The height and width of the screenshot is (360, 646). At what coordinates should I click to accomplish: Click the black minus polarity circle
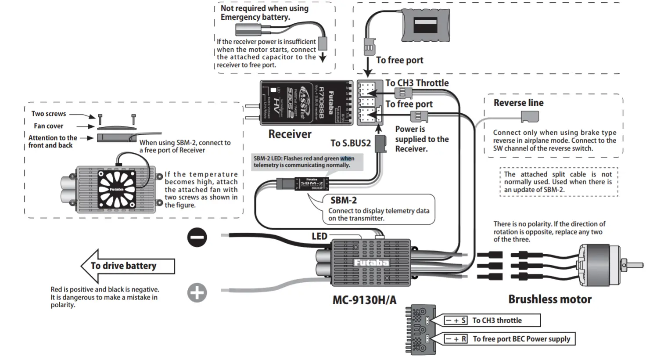tap(197, 238)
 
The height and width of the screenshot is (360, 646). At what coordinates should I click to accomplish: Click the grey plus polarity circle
tap(197, 293)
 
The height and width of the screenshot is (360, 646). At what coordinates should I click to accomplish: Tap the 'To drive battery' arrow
tap(127, 266)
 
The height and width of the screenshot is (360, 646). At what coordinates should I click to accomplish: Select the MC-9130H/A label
tap(364, 300)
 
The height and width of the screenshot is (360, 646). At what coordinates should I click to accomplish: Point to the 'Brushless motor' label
tap(550, 299)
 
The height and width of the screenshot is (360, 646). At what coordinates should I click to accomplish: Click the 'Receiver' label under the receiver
tap(290, 134)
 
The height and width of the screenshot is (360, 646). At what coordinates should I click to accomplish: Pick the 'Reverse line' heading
tap(518, 103)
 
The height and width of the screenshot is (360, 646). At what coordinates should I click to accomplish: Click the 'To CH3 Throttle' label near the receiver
tap(417, 83)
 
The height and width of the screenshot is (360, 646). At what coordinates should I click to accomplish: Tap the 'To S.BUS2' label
tap(351, 143)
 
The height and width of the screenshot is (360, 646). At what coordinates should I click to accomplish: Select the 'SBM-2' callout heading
tap(343, 201)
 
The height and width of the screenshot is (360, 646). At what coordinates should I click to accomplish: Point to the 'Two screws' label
tap(49, 114)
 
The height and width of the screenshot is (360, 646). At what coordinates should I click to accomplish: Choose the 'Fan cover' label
tap(49, 126)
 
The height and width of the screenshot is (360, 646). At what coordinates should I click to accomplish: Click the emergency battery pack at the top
tap(425, 25)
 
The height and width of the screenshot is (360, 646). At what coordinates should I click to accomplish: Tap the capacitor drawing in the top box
tap(248, 30)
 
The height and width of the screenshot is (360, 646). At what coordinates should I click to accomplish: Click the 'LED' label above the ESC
tap(319, 236)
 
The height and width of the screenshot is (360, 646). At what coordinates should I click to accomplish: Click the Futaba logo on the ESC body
tap(371, 263)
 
